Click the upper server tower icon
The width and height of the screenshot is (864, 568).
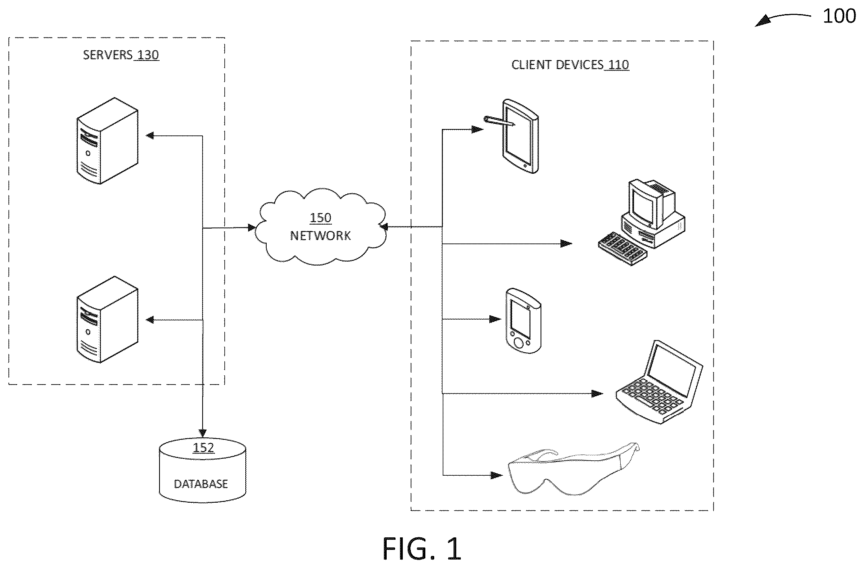(x=107, y=141)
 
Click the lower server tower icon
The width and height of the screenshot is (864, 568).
(x=107, y=319)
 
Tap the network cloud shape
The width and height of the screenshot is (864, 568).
(x=321, y=227)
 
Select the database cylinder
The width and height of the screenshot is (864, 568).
(x=202, y=470)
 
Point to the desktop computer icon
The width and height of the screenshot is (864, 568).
(x=641, y=222)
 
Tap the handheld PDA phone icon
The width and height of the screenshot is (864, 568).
(x=523, y=321)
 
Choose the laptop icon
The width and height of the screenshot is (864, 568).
(x=659, y=382)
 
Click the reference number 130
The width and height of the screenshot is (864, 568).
(x=148, y=55)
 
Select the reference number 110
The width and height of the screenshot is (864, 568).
(x=618, y=65)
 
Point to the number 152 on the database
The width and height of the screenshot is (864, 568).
(x=203, y=448)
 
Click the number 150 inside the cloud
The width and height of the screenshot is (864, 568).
(x=320, y=218)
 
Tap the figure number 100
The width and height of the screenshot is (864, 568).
(x=839, y=16)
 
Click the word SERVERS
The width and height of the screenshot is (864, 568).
(x=108, y=55)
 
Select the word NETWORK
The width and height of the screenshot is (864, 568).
(x=321, y=235)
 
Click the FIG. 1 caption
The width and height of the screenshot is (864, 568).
(x=422, y=549)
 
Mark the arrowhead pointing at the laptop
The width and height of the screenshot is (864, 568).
(x=597, y=393)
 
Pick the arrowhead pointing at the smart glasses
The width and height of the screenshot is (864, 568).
(x=496, y=475)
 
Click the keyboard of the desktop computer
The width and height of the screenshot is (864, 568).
(x=622, y=248)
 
